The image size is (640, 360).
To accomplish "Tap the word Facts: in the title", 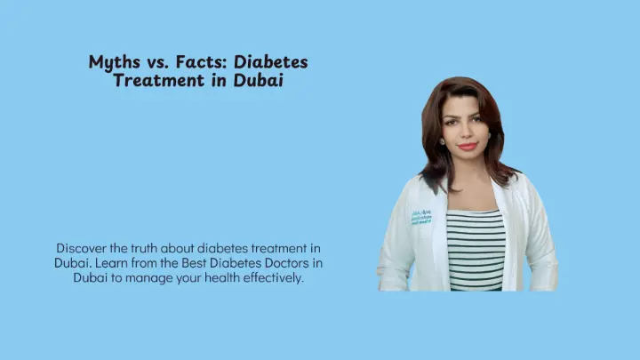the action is pos(201,61).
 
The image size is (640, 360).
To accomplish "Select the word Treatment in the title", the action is pos(160,80).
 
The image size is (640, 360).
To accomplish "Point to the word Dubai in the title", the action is pos(258,80).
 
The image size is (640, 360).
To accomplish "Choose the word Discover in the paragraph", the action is pos(81,248).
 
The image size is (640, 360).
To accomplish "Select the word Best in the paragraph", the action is pos(194,263).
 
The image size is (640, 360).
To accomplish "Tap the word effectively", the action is pos(274,277).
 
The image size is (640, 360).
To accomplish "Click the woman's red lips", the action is pos(467,146).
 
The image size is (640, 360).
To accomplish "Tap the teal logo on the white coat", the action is pos(421,218).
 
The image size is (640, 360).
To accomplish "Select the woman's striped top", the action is pos(476,250).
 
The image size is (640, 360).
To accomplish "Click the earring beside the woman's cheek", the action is pos(442,141).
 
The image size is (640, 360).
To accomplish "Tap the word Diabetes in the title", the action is pos(270,61).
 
